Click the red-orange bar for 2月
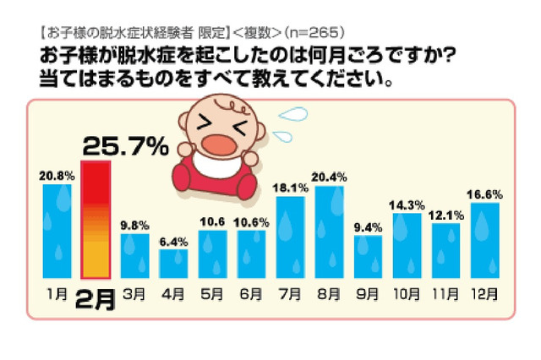pyautogui.click(x=96, y=220)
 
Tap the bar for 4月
pyautogui.click(x=173, y=263)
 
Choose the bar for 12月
pyautogui.click(x=484, y=240)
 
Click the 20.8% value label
pyautogui.click(x=57, y=176)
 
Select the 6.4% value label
pyautogui.click(x=174, y=241)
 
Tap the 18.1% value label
pyautogui.click(x=290, y=188)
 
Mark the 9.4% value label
pyautogui.click(x=368, y=226)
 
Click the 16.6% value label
pyautogui.click(x=484, y=194)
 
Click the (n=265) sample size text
pyautogui.click(x=314, y=33)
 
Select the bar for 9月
pyautogui.click(x=368, y=257)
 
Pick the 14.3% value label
pyautogui.click(x=407, y=205)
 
